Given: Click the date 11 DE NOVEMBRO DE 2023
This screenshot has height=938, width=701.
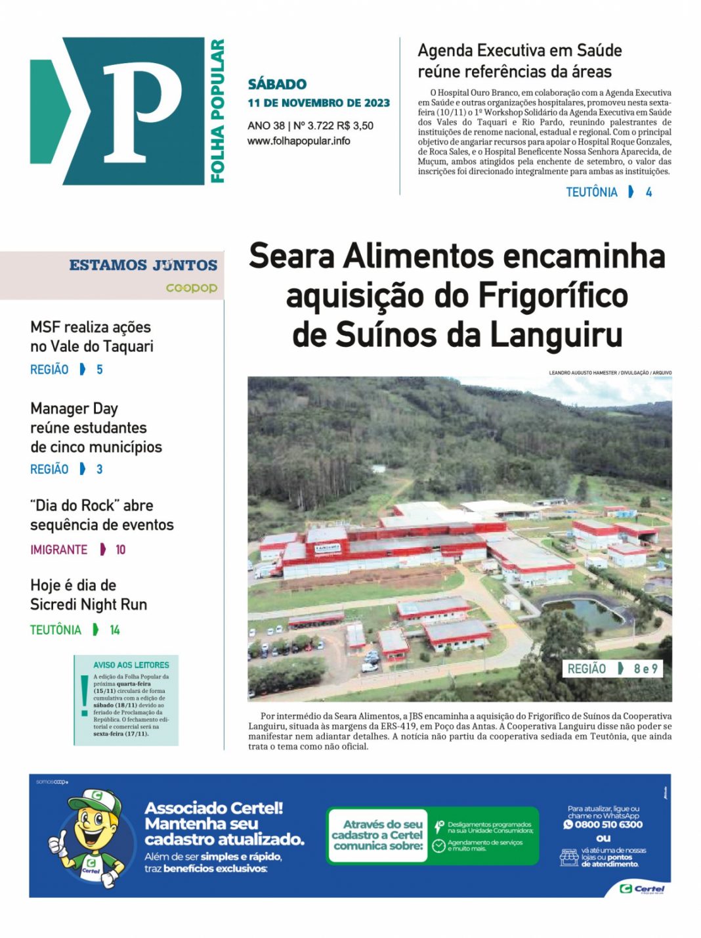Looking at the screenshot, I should (x=318, y=103).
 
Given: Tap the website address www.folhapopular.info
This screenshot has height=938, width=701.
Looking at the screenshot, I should (x=299, y=141).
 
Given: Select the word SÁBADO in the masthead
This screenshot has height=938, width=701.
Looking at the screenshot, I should (x=277, y=84).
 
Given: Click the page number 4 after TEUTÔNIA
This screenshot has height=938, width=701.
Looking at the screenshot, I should (x=648, y=192).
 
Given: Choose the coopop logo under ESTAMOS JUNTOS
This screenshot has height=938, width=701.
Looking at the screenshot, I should (x=191, y=288).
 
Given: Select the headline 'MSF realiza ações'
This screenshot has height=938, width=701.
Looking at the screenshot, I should (x=91, y=327).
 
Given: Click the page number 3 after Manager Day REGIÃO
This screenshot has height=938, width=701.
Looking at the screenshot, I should (x=99, y=469).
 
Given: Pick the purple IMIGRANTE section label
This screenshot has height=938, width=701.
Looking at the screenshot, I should (x=58, y=550).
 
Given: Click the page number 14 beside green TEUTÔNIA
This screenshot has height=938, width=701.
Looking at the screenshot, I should (x=115, y=630).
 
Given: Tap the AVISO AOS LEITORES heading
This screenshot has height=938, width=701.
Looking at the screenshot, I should (x=131, y=665).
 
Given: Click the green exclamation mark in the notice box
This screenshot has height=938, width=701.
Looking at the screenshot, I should (x=84, y=695).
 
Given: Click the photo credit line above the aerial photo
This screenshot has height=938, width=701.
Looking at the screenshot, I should (x=610, y=372).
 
